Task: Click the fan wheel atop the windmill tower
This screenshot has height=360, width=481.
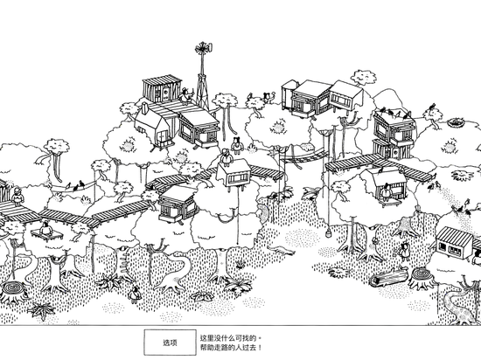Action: tap(203, 48)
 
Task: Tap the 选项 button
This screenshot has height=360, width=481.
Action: tap(170, 343)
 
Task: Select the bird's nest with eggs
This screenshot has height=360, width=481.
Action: tap(457, 122)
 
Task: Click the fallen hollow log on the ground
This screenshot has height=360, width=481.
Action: tap(389, 276)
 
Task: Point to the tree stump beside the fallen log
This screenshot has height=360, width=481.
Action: tap(422, 277)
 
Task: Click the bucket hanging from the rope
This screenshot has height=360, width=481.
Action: tap(328, 232)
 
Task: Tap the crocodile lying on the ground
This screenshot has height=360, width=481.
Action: tap(281, 250)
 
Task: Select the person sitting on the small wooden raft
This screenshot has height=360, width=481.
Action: tap(46, 228)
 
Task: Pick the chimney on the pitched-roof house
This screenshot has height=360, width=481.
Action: tap(144, 107)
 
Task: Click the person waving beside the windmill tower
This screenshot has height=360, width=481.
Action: tap(185, 95)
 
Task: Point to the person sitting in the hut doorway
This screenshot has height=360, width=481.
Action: tap(386, 191)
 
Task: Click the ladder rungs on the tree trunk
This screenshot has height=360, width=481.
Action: tap(123, 260)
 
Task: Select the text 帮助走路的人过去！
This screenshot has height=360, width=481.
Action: tap(231, 348)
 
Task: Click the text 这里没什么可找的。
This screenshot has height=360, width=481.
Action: tap(231, 338)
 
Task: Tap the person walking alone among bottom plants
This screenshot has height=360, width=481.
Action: tap(135, 294)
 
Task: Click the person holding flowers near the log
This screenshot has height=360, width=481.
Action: tap(404, 251)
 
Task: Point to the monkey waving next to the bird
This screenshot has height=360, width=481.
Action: tap(268, 97)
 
